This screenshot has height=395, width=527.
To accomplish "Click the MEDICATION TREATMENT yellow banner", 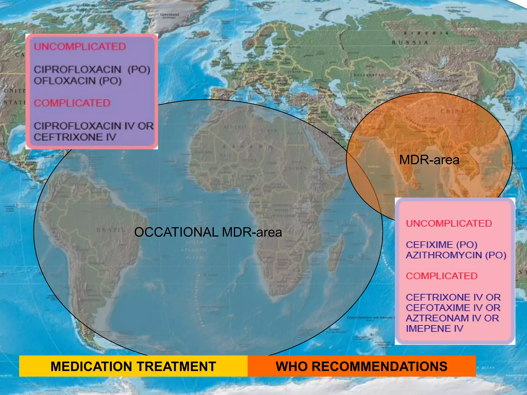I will [133, 366].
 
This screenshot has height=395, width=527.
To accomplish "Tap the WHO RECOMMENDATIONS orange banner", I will [362, 366].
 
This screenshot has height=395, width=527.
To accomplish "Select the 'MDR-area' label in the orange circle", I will [429, 160].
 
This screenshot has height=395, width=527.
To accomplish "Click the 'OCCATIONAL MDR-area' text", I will [208, 232].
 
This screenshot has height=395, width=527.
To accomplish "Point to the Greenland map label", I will [169, 15].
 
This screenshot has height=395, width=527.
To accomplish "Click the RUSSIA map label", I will [410, 43].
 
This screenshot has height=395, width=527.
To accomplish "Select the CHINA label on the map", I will [452, 111].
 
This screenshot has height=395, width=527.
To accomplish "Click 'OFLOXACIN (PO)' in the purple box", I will [78, 81].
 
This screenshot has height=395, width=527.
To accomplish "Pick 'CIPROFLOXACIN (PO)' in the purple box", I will [92, 69].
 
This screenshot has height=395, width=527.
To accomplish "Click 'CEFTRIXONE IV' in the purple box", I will [75, 137].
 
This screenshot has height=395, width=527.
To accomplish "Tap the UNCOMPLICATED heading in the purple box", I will [80, 47].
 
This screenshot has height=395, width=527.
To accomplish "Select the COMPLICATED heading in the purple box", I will [72, 103].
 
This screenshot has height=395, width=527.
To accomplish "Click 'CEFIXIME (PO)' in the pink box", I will [442, 245].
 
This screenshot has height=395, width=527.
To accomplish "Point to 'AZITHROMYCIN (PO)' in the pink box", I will [456, 255].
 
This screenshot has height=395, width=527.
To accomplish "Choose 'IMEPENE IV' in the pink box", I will [435, 328].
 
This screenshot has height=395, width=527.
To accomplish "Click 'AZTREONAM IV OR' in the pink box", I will [452, 318].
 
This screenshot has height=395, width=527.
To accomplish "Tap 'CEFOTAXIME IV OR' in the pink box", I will [453, 308].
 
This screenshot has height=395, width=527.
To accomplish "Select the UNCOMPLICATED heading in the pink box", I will [449, 223].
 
